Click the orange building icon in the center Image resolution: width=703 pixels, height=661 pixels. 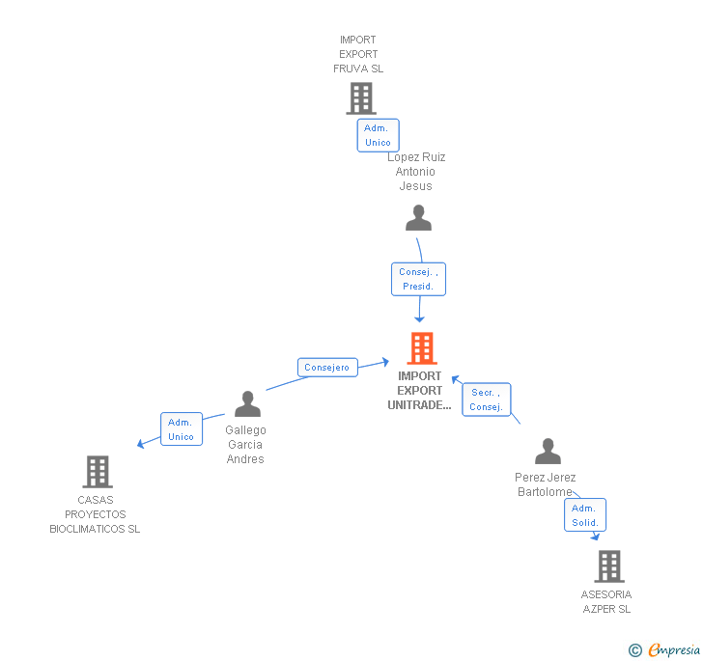pyautogui.click(x=421, y=348)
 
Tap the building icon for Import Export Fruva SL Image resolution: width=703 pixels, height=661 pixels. pyautogui.click(x=360, y=97)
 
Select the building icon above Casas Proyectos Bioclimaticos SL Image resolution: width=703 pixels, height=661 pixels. pyautogui.click(x=97, y=472)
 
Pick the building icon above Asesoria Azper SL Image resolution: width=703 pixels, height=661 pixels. pyautogui.click(x=608, y=566)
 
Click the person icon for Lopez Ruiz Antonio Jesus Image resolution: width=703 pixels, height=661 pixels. pyautogui.click(x=418, y=219)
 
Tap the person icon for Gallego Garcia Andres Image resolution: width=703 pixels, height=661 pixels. pyautogui.click(x=247, y=404)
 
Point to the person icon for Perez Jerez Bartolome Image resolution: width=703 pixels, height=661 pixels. pyautogui.click(x=548, y=452)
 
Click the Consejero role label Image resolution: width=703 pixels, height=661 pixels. pyautogui.click(x=327, y=368)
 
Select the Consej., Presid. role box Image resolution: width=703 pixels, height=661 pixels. pyautogui.click(x=418, y=280)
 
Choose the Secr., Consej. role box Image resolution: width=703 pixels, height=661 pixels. pyautogui.click(x=486, y=399)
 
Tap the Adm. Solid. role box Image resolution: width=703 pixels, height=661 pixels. pyautogui.click(x=585, y=515)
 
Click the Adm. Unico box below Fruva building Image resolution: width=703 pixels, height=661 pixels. pyautogui.click(x=378, y=135)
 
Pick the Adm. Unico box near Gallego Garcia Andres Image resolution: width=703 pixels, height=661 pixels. pyautogui.click(x=181, y=429)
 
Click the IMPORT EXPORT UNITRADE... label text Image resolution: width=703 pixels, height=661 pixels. pyautogui.click(x=419, y=391)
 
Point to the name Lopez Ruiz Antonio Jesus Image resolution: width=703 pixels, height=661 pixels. pyautogui.click(x=416, y=172)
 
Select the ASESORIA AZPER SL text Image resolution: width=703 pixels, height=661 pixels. pyautogui.click(x=606, y=602)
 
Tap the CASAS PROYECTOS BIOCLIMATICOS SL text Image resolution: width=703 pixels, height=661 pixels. pyautogui.click(x=95, y=514)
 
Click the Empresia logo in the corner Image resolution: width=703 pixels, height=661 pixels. pyautogui.click(x=665, y=650)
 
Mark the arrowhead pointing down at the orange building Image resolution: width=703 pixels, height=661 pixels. pyautogui.click(x=419, y=319)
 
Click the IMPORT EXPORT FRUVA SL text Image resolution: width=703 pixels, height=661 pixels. pyautogui.click(x=358, y=55)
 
